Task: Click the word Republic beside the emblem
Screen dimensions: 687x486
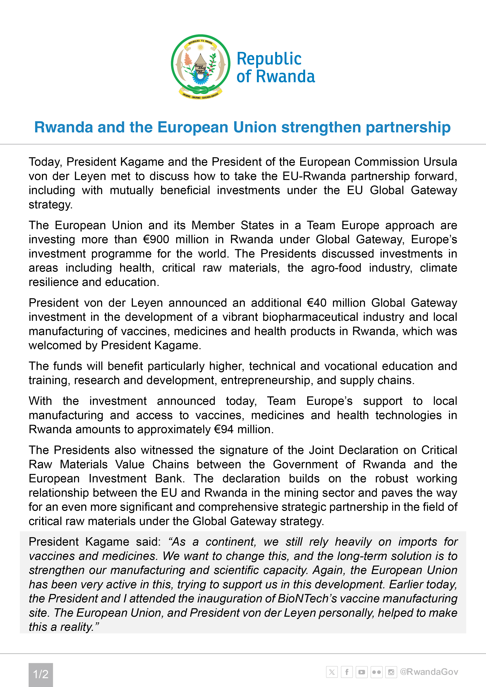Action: tap(269, 59)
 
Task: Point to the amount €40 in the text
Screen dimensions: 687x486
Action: tap(316, 303)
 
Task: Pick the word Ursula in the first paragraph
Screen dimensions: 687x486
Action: tap(440, 162)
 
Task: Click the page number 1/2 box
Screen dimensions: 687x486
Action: tap(41, 674)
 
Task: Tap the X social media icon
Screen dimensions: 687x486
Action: tap(332, 672)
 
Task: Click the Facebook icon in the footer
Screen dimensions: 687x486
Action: tap(347, 672)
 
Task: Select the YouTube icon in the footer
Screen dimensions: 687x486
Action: tap(361, 672)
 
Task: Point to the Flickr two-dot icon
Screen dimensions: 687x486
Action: tap(376, 672)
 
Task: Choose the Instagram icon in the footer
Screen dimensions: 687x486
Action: tap(391, 672)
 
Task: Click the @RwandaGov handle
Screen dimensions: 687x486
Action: tap(429, 672)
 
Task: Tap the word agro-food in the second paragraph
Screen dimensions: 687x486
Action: tap(336, 268)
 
